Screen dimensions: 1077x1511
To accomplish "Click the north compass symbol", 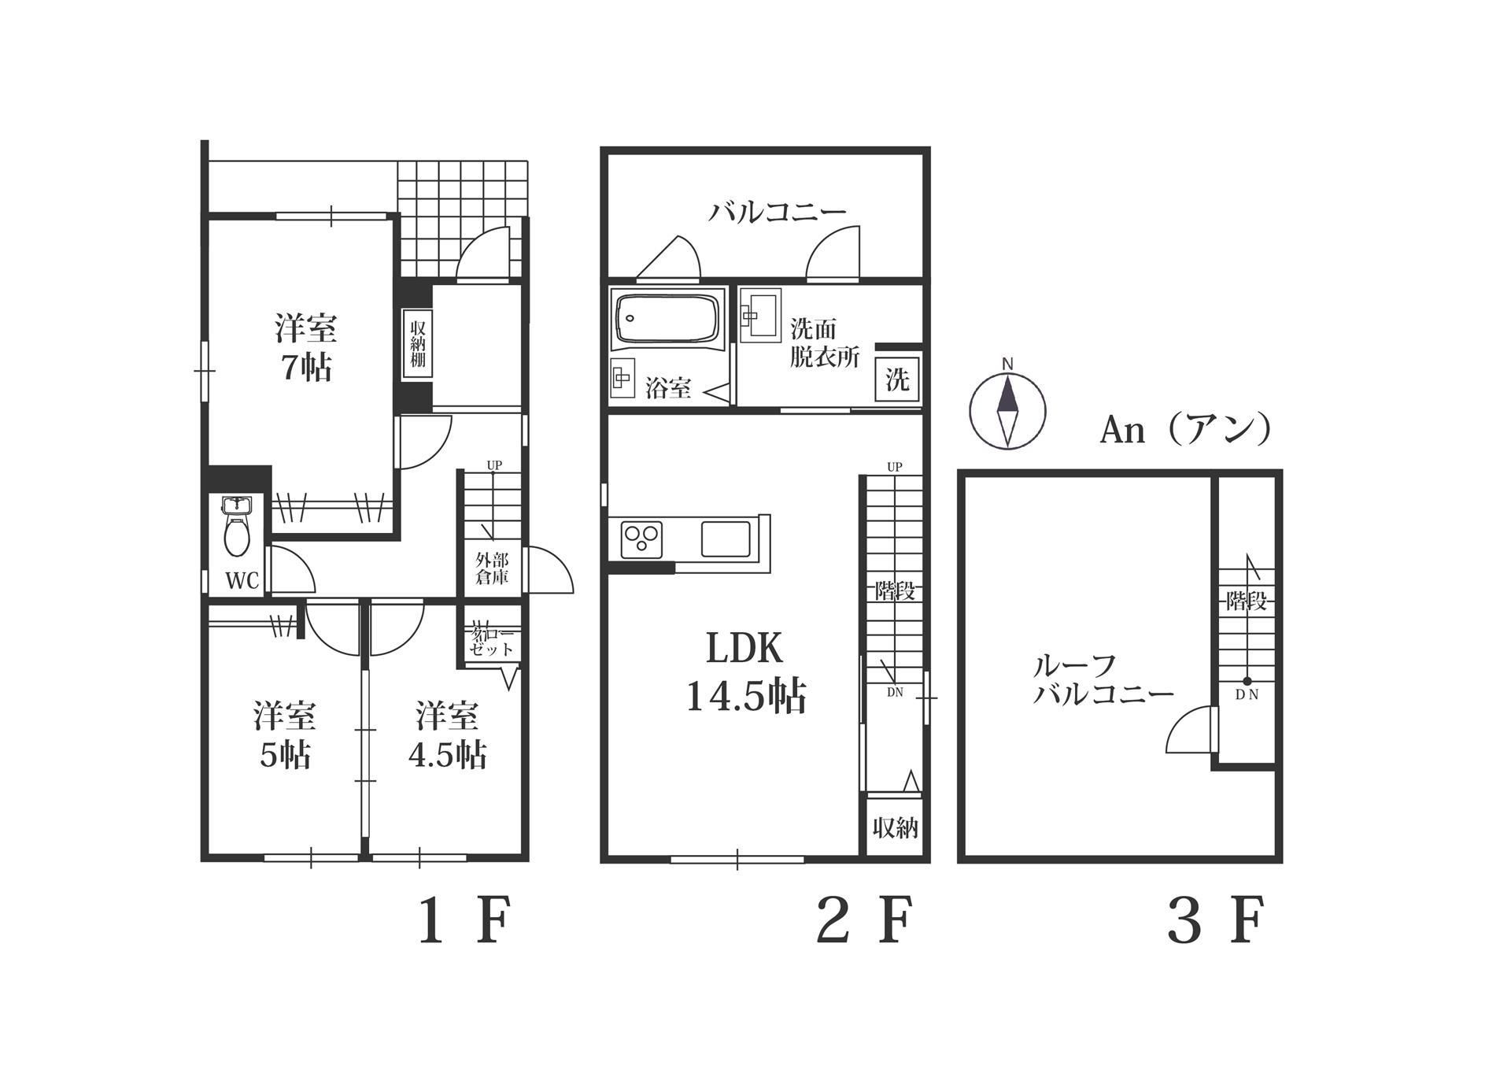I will click(1007, 410).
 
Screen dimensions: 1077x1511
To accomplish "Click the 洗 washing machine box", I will click(897, 380).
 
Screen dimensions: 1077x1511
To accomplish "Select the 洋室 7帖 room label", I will click(306, 347).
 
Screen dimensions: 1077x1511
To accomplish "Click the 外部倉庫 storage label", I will click(492, 568).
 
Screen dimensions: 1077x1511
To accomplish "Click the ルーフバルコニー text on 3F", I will click(1102, 679).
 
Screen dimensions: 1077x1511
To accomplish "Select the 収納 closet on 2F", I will click(895, 827).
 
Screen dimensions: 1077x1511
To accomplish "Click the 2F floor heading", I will click(865, 921).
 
